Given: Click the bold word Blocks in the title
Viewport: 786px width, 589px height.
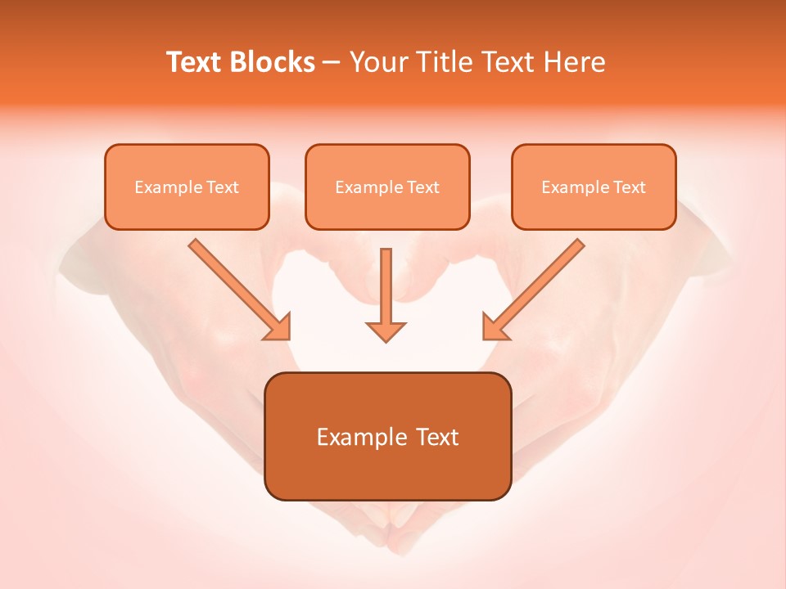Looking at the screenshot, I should [x=270, y=62].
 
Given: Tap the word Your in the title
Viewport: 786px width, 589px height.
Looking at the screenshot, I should [x=377, y=62].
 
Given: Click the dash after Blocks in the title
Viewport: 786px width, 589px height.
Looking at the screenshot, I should [x=332, y=63].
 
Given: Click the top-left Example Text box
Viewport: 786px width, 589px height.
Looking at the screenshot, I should [x=187, y=187].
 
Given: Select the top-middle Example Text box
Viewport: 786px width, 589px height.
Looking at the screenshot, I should [x=387, y=187].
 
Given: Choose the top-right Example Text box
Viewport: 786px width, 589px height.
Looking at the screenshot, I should [x=594, y=187].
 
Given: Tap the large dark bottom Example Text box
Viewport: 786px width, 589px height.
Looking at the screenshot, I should [x=387, y=436].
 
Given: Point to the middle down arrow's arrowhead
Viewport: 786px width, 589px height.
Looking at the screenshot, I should [x=386, y=330].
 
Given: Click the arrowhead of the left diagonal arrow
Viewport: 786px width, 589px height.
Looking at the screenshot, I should [x=278, y=326].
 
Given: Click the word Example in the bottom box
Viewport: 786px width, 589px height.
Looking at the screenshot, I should [x=361, y=437].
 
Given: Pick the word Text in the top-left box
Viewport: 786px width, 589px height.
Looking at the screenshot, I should [x=222, y=187].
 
